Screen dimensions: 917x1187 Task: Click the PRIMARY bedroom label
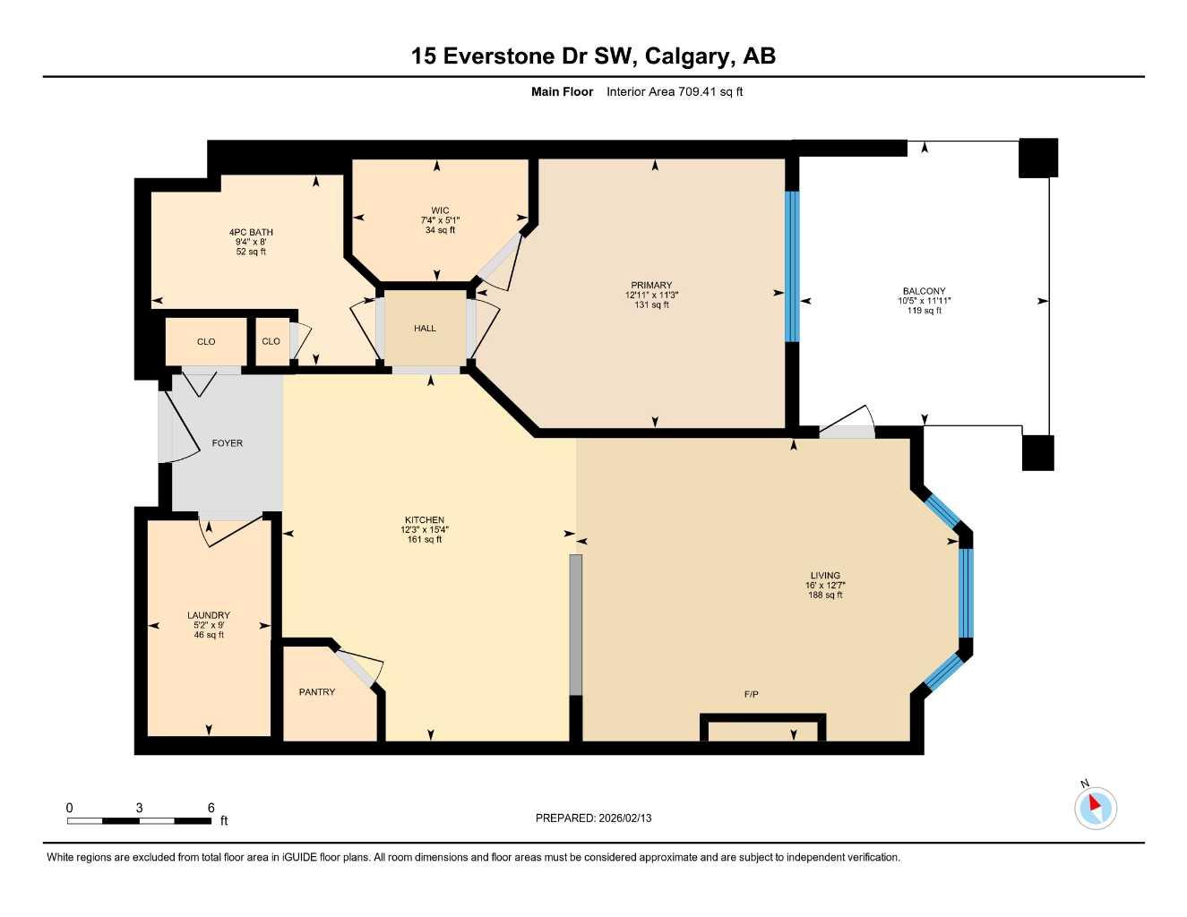[x=650, y=286]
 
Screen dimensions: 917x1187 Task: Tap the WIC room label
[x=440, y=211]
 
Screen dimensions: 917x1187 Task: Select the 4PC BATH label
[x=251, y=233]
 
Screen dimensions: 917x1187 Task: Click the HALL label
[x=425, y=329]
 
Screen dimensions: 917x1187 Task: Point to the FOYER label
[x=227, y=443]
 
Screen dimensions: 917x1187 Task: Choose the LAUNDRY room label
[x=209, y=615]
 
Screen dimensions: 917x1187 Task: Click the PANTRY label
[x=317, y=692]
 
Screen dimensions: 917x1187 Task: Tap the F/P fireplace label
[x=751, y=695]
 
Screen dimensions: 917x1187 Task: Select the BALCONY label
[x=924, y=291]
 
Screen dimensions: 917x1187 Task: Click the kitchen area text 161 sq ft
[x=425, y=540]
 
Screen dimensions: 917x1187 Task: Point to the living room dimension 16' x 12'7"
[x=825, y=586]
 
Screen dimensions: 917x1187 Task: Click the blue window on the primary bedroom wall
[x=791, y=266]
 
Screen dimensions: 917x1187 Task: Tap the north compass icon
[x=1095, y=807]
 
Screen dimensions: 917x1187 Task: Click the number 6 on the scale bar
[x=211, y=808]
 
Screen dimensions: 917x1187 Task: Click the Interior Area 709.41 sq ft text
[x=675, y=91]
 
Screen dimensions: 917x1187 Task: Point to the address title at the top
[x=593, y=56]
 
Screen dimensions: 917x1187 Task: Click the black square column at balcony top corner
[x=1038, y=158]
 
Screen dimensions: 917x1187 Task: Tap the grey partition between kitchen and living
[x=576, y=624]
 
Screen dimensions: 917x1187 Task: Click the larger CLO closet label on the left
[x=206, y=341]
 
